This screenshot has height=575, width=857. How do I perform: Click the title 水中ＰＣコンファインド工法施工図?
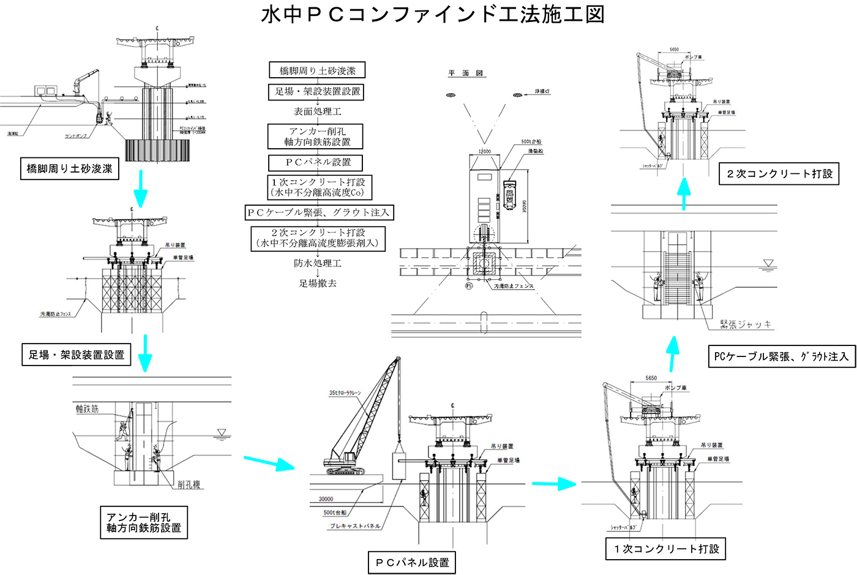[432, 15]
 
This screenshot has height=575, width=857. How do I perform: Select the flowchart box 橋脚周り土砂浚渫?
[317, 70]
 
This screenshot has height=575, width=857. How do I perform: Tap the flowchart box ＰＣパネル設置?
[317, 162]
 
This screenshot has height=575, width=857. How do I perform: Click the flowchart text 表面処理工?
[317, 111]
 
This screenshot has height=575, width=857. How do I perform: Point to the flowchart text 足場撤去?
[317, 284]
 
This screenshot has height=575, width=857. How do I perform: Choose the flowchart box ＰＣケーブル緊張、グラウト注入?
[318, 212]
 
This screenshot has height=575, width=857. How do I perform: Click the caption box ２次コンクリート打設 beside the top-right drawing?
[779, 174]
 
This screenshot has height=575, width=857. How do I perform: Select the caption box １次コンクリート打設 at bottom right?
[666, 549]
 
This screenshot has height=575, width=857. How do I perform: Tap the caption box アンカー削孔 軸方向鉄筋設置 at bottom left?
[144, 522]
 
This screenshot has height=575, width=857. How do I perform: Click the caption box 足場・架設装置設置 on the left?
[77, 355]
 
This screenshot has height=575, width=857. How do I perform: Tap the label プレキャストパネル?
[355, 526]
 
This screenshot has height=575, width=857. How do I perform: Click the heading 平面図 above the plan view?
[466, 73]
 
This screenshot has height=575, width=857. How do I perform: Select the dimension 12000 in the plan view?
[484, 151]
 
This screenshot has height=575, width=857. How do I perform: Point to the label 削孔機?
[189, 484]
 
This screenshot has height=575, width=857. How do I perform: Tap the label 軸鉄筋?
[87, 408]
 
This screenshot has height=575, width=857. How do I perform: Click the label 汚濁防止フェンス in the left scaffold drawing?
[56, 314]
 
